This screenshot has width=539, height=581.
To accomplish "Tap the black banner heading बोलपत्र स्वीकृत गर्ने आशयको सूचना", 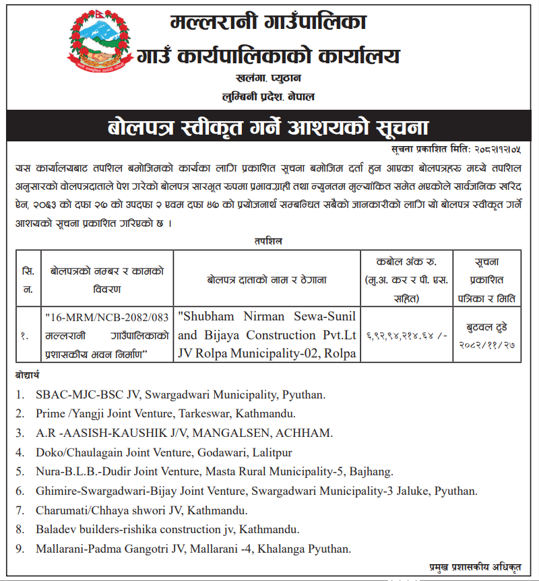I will click(269, 127).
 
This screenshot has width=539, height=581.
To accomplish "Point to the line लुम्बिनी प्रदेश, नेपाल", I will click(269, 97).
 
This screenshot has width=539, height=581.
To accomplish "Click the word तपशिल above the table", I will click(268, 240).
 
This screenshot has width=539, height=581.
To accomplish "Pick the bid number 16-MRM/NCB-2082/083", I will click(106, 316).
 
